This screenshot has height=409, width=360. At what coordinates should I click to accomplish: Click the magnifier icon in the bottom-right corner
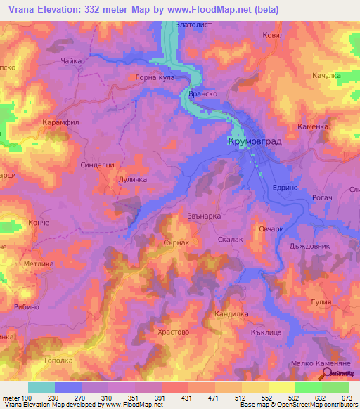(327, 375)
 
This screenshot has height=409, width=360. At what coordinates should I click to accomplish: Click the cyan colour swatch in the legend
(41, 387)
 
